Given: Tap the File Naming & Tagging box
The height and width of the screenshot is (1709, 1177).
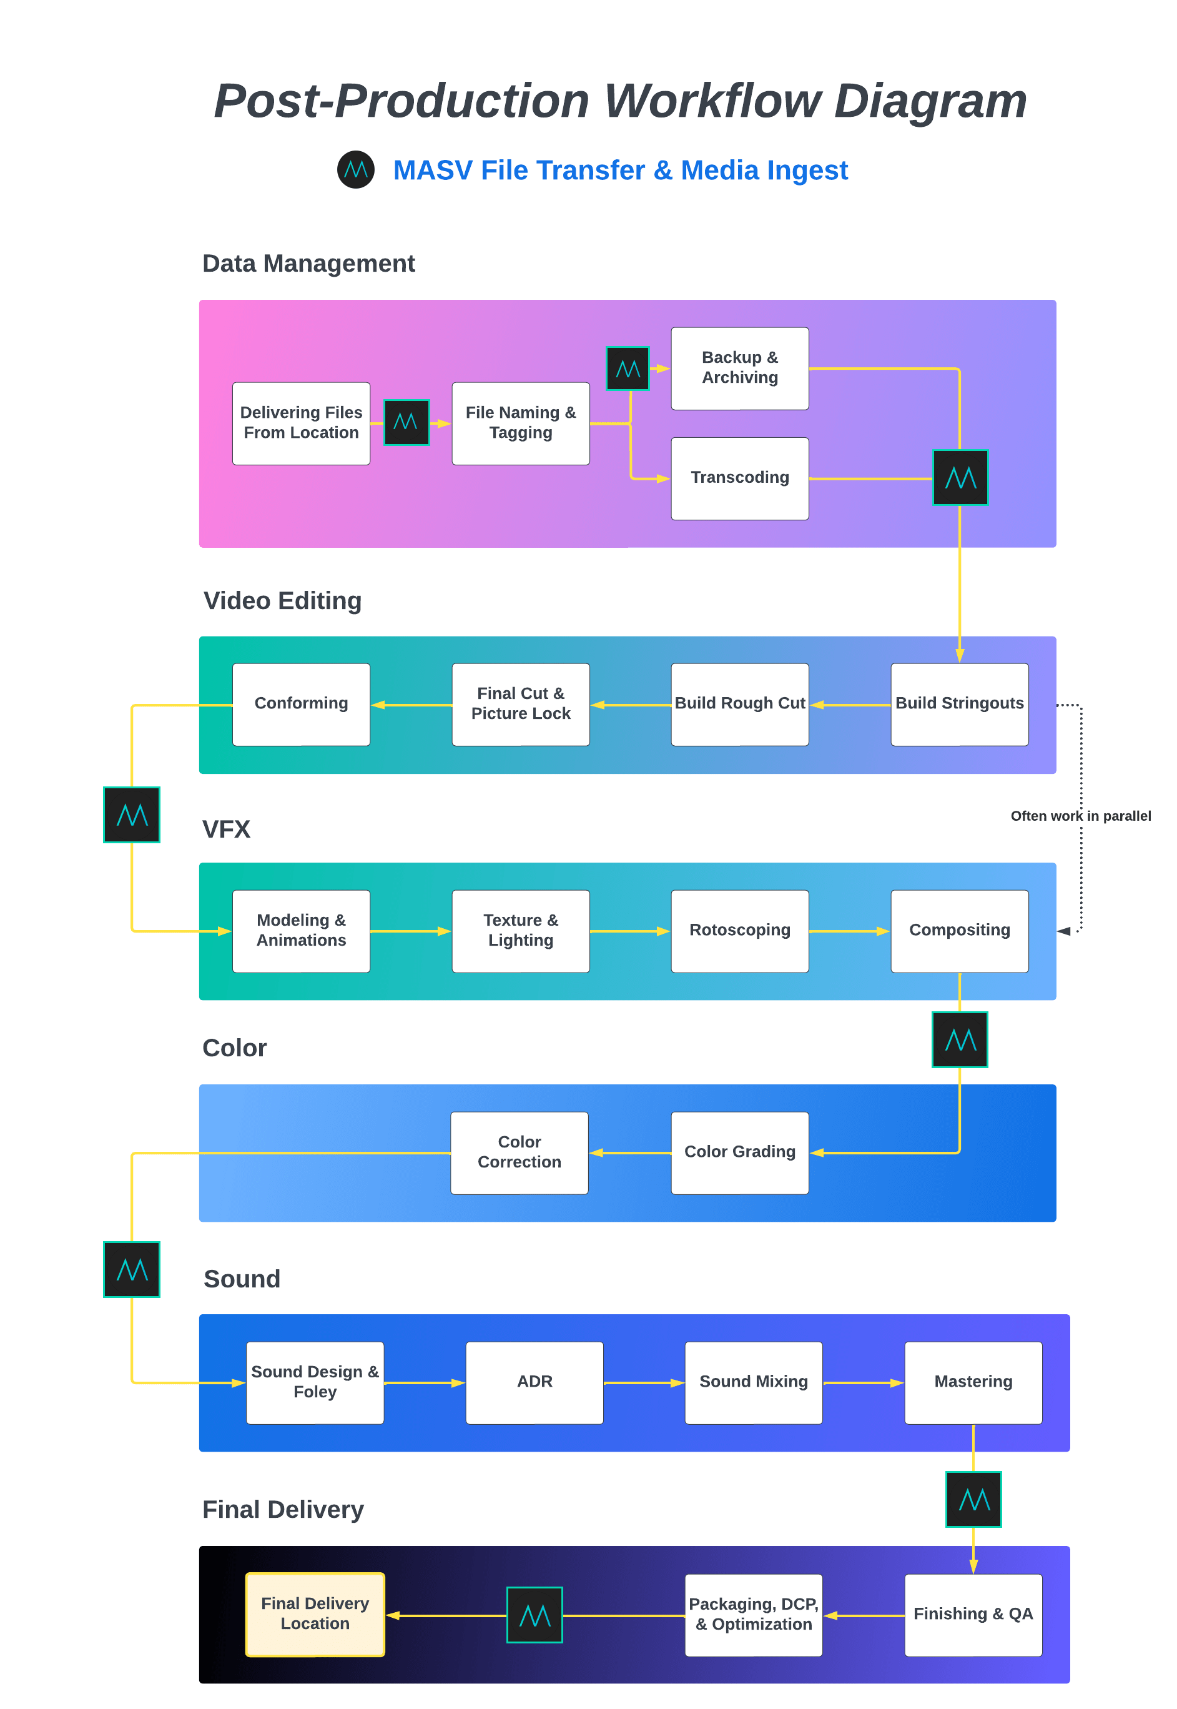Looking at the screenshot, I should [520, 423].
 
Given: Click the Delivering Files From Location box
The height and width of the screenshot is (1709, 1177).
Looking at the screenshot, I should [301, 423].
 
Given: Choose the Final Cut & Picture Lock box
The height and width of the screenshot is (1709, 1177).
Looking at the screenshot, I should [520, 704].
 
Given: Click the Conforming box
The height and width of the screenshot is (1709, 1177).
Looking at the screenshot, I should [301, 704].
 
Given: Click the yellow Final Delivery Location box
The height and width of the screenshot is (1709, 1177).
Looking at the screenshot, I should [315, 1614].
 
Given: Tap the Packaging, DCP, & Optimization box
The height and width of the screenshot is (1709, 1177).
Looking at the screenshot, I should [753, 1614].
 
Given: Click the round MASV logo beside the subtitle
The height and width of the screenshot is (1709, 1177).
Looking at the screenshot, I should [355, 170].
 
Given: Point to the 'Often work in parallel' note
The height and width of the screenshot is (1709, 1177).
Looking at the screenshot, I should [1080, 815].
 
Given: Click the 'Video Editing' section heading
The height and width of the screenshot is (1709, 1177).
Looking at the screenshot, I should [282, 600].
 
